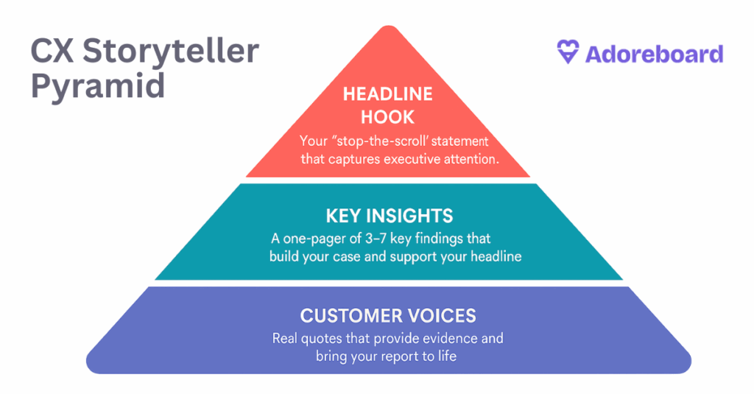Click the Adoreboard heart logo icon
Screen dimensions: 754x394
pos(568,52)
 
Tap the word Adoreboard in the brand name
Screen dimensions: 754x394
pos(654,54)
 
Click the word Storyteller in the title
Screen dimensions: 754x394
pos(171,50)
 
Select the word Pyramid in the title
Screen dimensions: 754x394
pos(98,86)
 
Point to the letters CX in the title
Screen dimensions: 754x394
pos(52,51)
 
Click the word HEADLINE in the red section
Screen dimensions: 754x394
pos(387,94)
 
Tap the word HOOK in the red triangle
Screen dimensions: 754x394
pos(387,117)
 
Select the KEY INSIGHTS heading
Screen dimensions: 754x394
pos(390,216)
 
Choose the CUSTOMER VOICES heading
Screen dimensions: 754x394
pos(388,316)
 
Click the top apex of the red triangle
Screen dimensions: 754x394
pos(389,26)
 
